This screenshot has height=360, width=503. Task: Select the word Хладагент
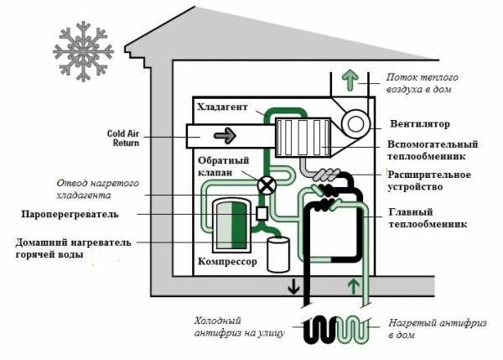[222, 107]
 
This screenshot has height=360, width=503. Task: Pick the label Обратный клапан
[221, 166]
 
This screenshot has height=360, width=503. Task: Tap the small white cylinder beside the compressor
[277, 253]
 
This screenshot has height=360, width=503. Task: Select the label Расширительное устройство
[428, 180]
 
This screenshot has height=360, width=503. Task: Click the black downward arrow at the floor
[293, 288]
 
